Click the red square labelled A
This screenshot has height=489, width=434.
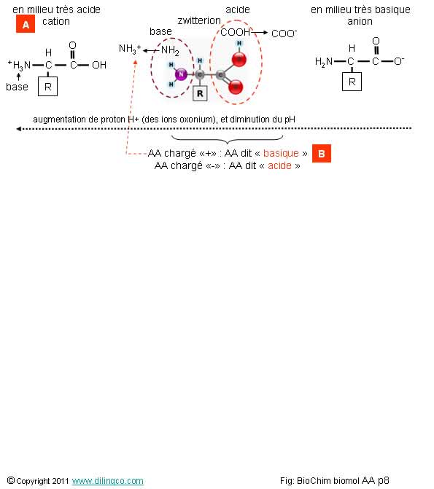26,24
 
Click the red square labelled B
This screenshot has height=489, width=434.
321,154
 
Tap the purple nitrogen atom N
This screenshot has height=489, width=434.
181,74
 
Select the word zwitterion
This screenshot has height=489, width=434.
199,20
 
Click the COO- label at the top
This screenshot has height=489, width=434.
284,34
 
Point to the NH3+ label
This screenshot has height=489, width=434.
130,49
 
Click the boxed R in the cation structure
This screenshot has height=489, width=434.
47,87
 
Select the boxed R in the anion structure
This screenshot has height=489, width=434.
352,82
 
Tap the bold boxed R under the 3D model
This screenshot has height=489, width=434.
200,93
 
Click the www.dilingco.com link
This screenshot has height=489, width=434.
108,481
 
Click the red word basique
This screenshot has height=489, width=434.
281,153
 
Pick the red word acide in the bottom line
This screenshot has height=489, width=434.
279,165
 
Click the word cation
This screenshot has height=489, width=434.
56,22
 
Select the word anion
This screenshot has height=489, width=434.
360,22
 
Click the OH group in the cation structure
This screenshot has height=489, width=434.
99,65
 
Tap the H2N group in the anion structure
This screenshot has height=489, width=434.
324,62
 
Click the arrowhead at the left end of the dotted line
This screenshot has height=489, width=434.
18,129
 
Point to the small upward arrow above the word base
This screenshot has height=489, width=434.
19,77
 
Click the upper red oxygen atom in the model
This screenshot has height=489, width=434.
239,60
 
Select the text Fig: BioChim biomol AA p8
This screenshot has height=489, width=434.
334,480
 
